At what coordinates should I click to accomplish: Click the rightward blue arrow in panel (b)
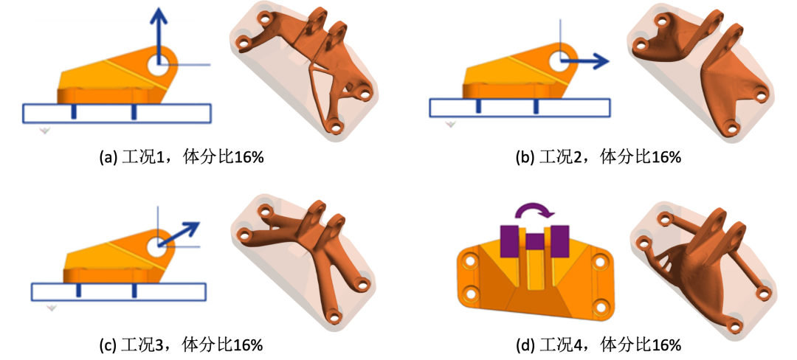584,61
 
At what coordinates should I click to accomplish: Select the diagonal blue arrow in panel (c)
179,234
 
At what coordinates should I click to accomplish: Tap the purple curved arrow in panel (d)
532,210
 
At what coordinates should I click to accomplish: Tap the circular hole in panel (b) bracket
560,60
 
